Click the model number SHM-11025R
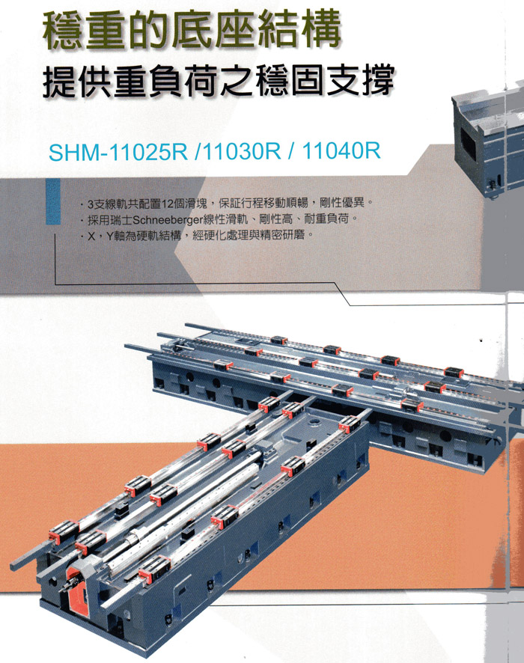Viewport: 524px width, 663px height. click(118, 152)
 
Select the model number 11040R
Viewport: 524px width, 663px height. click(341, 150)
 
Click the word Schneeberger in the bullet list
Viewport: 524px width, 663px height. click(168, 220)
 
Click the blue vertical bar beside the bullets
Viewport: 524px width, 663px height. click(53, 201)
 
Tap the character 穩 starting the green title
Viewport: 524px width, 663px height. click(64, 31)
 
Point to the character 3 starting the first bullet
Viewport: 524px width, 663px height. click(90, 204)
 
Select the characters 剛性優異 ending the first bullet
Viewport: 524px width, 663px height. click(342, 203)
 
